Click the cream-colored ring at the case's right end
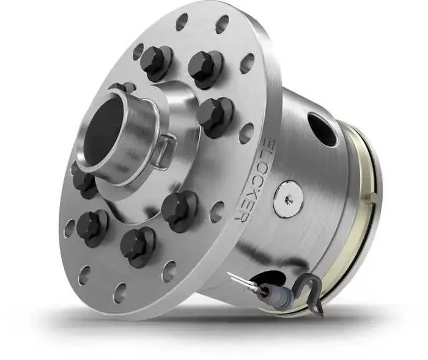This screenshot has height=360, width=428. point(361,232)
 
